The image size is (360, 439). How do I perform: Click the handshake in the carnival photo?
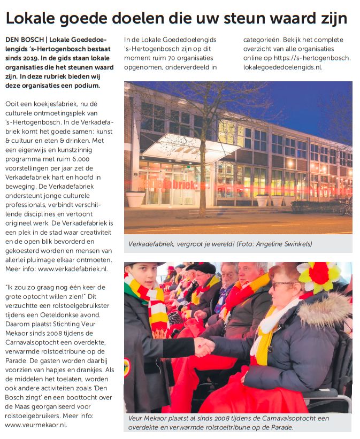(204, 346)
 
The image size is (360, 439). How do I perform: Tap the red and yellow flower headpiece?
(319, 278)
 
